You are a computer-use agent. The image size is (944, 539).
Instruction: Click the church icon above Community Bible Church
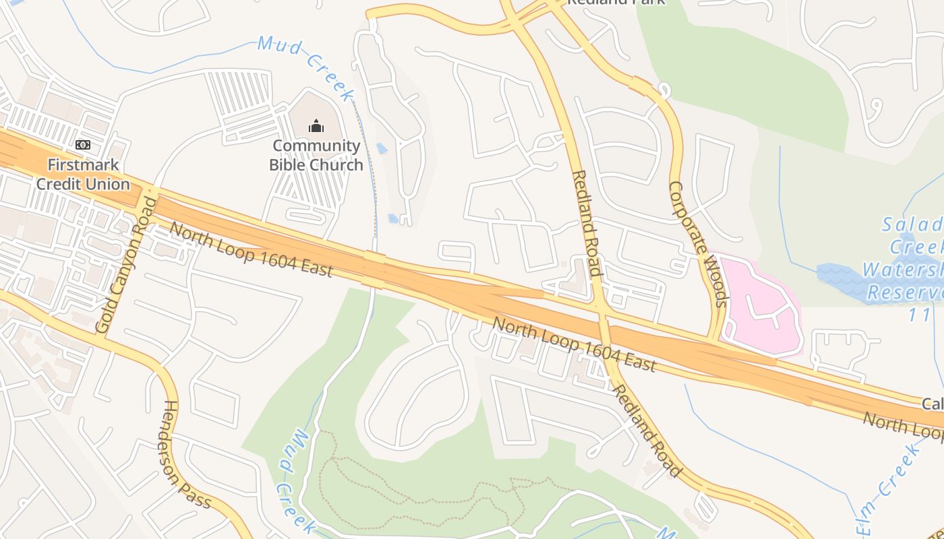click(316, 125)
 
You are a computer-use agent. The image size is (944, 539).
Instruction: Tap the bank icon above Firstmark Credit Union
click(83, 145)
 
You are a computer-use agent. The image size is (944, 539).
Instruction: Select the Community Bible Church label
click(316, 156)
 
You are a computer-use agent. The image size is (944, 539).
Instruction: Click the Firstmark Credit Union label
click(83, 175)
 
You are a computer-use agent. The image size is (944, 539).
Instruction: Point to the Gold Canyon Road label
click(126, 265)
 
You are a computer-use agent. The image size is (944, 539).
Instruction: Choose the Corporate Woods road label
click(698, 244)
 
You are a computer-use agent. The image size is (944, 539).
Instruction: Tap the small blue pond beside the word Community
click(382, 148)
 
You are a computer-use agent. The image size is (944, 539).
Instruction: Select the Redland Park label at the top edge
click(615, 2)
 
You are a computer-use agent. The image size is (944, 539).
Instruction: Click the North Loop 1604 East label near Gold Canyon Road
click(251, 249)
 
